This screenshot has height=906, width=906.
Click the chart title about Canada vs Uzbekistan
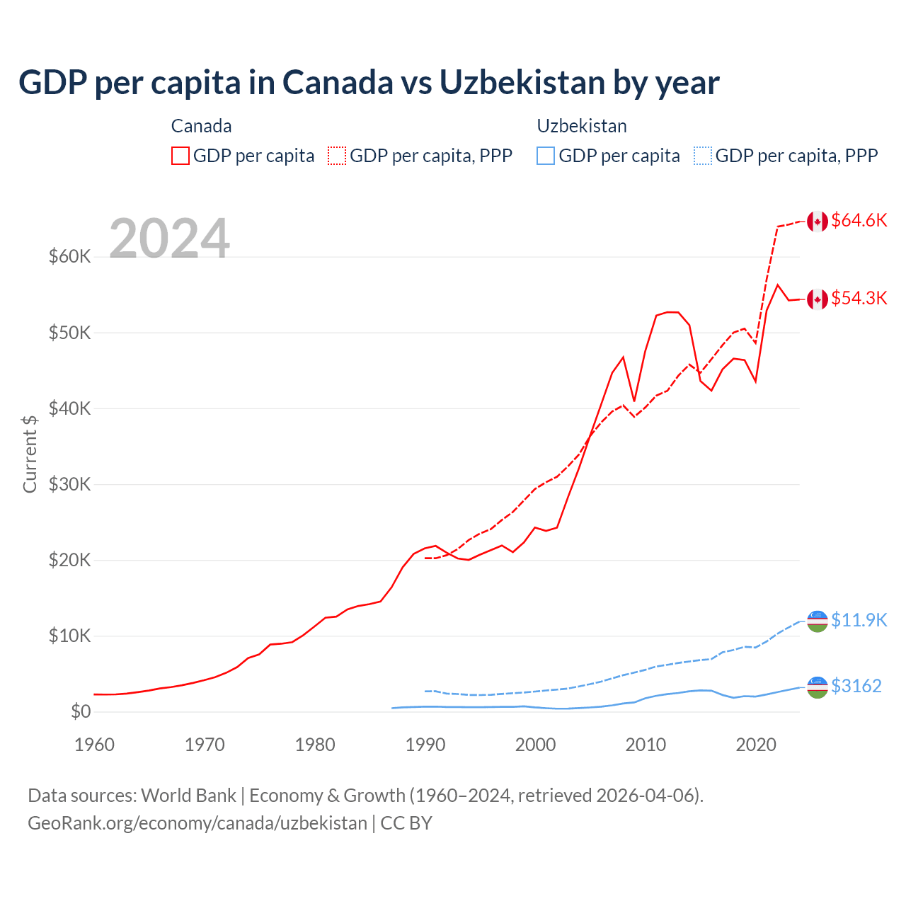(x=368, y=83)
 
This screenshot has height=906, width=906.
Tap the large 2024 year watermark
(x=169, y=239)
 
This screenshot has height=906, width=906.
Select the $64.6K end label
(x=859, y=220)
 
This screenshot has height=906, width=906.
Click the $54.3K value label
(x=859, y=298)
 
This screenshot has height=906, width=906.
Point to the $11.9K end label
(x=859, y=620)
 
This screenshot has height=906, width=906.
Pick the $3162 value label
(x=856, y=686)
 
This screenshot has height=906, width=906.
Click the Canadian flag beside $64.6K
(x=818, y=222)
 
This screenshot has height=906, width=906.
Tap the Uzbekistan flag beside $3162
(x=818, y=687)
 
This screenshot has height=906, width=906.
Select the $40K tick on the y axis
(x=69, y=408)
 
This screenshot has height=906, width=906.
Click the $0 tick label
(x=81, y=711)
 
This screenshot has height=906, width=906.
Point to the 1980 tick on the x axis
(x=315, y=745)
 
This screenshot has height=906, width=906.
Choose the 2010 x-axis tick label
(x=646, y=745)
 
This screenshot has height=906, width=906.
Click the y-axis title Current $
(x=30, y=454)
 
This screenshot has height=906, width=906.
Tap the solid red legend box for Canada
(x=180, y=156)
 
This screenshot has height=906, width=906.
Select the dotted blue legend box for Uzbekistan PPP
(x=703, y=156)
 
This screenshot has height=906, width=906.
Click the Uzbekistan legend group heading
(x=582, y=126)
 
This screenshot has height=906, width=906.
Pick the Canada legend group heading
(x=201, y=126)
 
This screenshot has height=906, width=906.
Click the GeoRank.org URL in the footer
(x=197, y=823)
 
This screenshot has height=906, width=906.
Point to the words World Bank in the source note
(x=188, y=796)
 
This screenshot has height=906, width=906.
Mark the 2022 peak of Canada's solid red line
(x=778, y=285)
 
